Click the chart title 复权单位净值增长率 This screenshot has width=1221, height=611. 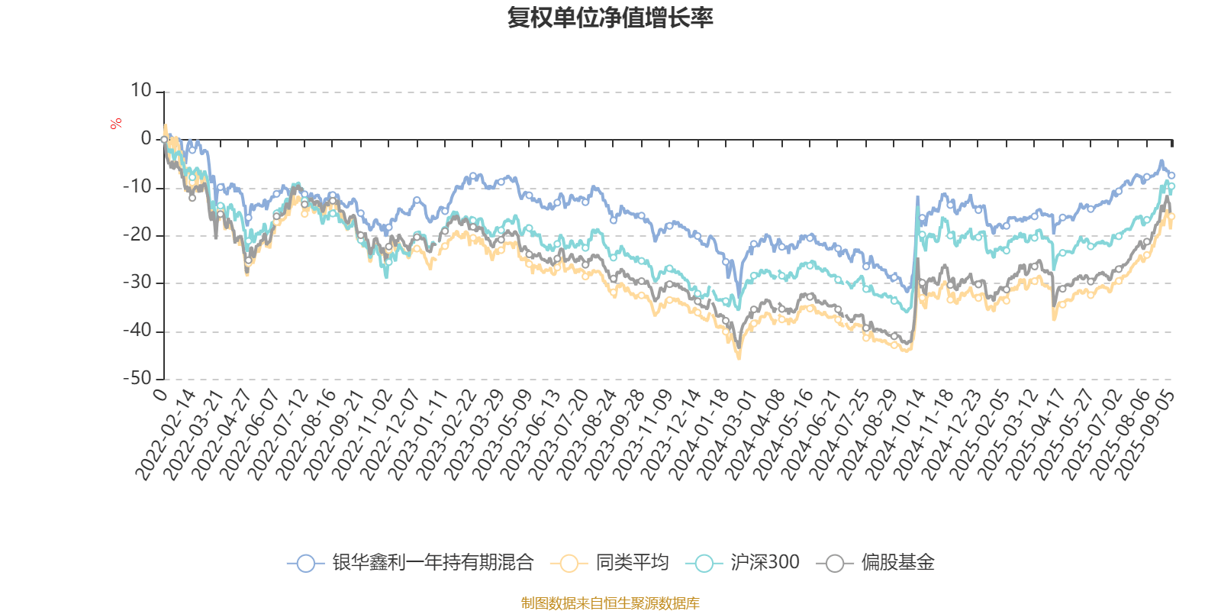point(610,18)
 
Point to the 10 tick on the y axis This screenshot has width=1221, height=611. point(141,91)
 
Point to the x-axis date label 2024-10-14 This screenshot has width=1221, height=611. point(894,435)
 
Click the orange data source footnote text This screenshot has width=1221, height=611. point(610,603)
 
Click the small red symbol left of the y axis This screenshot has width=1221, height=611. point(116,124)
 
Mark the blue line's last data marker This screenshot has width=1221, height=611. point(1171,176)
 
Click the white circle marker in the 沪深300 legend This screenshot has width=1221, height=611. point(704,564)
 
